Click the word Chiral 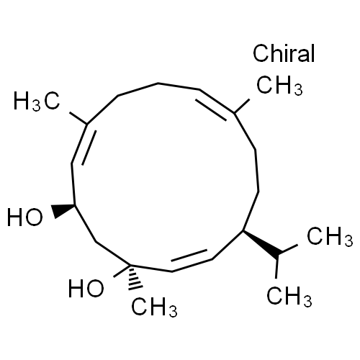click(x=284, y=53)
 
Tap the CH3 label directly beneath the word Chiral click(x=279, y=85)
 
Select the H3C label click(x=37, y=102)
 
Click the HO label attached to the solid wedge click(x=25, y=217)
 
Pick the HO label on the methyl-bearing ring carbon click(x=86, y=288)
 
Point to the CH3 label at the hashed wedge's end click(x=154, y=307)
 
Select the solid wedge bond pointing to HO click(x=63, y=210)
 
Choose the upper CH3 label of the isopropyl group click(x=330, y=236)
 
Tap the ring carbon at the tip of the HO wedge click(x=75, y=205)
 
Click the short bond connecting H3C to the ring click(x=78, y=118)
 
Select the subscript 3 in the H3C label click(x=37, y=106)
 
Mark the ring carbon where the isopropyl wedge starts click(x=243, y=230)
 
